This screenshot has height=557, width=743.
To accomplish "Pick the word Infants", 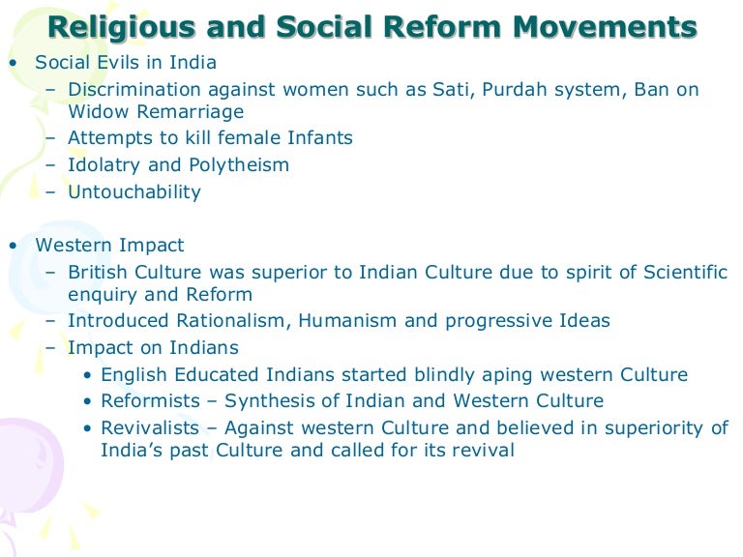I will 318,138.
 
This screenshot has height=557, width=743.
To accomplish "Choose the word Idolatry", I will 104,165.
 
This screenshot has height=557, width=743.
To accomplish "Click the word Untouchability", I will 134,191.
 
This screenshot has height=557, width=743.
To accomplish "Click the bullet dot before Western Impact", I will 13,246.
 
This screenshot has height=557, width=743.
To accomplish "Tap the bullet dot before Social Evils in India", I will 13,63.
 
